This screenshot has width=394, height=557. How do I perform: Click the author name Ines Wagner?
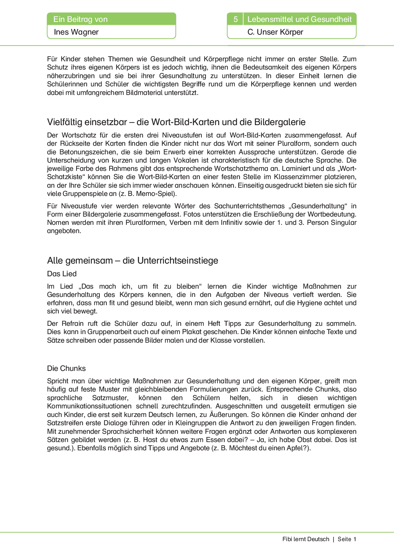(x=76, y=32)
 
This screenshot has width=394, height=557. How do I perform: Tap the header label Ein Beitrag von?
(x=80, y=19)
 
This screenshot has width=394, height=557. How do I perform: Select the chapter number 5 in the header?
(x=235, y=19)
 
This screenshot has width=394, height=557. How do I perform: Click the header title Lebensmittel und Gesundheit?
(x=299, y=19)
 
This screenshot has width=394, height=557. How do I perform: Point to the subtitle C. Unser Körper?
(x=275, y=32)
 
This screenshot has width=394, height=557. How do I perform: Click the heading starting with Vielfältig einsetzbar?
(x=176, y=122)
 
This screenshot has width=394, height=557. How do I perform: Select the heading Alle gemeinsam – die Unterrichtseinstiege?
(x=132, y=260)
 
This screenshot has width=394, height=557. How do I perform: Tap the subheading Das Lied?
(x=62, y=274)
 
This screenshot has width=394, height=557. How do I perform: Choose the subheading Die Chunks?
(x=66, y=368)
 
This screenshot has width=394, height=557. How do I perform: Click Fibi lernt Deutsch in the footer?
(x=306, y=539)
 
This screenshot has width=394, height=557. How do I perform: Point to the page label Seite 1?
(x=347, y=539)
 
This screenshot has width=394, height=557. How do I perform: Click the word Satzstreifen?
(x=66, y=423)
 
